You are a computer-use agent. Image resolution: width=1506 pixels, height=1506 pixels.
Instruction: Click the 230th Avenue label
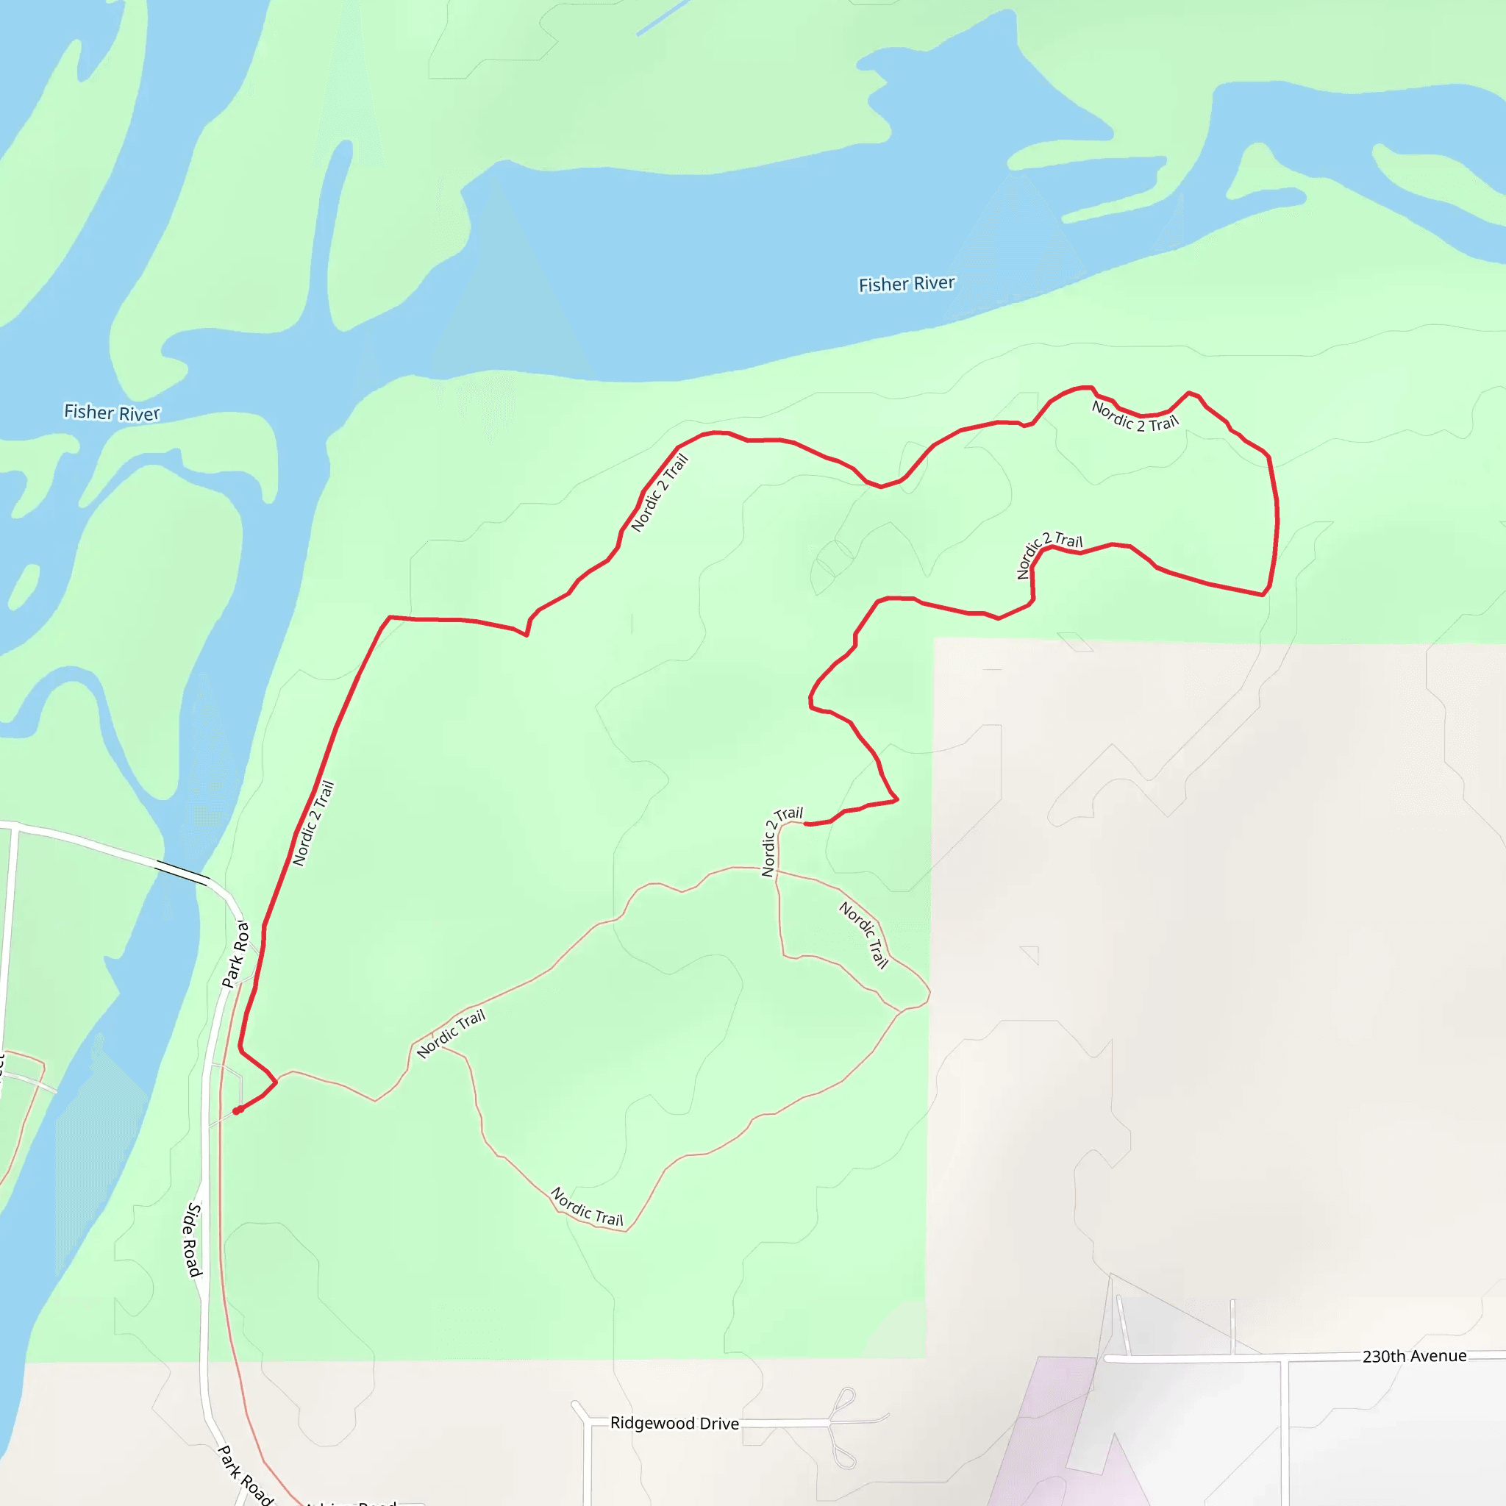click(1414, 1356)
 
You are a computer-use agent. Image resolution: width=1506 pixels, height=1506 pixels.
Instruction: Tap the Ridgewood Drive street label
click(674, 1424)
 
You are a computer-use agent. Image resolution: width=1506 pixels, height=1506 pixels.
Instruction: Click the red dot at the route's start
click(237, 1111)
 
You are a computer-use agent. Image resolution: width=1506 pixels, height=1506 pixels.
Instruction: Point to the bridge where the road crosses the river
click(182, 873)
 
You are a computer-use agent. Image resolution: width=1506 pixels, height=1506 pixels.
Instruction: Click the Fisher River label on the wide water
click(907, 284)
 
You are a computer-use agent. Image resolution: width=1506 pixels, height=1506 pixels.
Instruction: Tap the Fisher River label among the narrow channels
click(112, 413)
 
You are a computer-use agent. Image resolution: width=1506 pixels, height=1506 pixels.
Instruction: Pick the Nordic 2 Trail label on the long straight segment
click(313, 823)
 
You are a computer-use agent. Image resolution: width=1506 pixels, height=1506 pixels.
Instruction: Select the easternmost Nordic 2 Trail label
click(1135, 416)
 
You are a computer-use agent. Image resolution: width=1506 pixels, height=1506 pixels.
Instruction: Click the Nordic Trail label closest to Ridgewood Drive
click(587, 1207)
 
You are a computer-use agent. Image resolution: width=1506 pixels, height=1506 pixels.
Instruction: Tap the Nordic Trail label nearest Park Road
click(451, 1034)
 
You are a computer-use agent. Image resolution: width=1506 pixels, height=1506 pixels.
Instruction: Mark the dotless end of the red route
click(805, 824)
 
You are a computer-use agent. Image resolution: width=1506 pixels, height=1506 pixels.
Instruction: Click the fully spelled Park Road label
click(245, 1475)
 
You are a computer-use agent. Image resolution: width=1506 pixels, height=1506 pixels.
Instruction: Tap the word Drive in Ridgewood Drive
click(718, 1424)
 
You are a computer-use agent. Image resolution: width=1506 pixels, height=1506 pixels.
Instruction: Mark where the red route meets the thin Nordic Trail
click(275, 1082)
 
